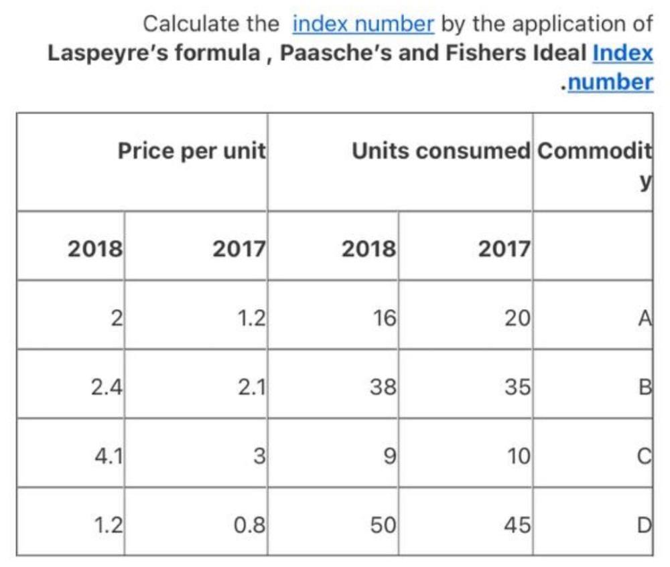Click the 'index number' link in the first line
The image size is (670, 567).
click(363, 24)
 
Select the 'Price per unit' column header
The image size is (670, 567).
click(192, 151)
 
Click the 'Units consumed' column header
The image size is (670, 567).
click(440, 151)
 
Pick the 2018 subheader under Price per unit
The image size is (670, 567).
click(95, 249)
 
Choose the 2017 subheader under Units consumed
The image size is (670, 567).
click(504, 249)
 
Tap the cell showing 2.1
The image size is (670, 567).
click(252, 387)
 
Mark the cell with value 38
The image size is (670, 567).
click(384, 387)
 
